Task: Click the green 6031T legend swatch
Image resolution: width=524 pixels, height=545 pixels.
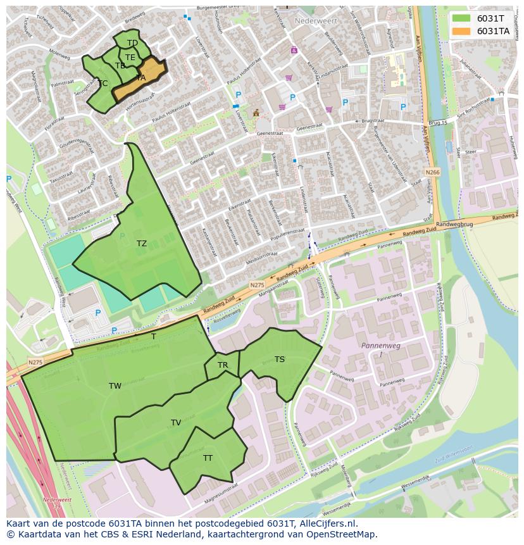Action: click(462, 18)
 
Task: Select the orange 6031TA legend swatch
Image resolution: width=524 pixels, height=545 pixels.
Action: click(462, 31)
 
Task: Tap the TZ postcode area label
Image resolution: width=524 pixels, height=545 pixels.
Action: click(141, 244)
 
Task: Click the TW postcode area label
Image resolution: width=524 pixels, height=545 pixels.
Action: click(115, 386)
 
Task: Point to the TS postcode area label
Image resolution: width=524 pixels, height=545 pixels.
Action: click(280, 360)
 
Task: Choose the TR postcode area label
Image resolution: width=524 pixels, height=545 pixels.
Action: click(223, 365)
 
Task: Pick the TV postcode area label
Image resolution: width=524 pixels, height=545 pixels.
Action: click(176, 423)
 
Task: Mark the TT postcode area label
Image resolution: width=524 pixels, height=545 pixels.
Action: click(208, 458)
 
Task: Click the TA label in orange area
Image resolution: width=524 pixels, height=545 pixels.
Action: click(140, 78)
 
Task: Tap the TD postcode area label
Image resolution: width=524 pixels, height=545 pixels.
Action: click(132, 43)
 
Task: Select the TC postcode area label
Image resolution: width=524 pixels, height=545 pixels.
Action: click(103, 84)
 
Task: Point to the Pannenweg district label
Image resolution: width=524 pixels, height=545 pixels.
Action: click(378, 346)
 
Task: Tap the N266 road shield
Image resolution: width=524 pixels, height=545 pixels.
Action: click(432, 172)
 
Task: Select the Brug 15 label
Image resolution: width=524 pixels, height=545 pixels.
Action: click(438, 122)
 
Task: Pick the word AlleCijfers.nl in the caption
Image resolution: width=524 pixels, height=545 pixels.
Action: click(325, 523)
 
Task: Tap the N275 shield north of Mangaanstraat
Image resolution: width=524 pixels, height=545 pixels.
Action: click(256, 285)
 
